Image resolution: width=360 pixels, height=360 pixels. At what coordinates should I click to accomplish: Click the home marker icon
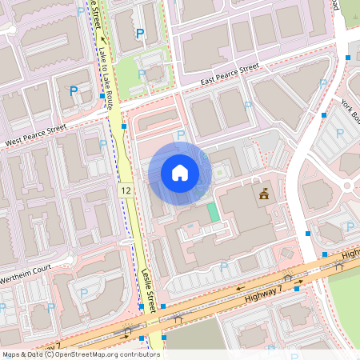click(x=180, y=173)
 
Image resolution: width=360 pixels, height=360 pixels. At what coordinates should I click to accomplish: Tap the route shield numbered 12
click(x=126, y=191)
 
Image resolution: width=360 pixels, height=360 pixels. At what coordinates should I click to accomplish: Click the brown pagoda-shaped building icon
click(x=263, y=194)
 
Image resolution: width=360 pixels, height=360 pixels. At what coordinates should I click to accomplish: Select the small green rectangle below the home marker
click(x=212, y=213)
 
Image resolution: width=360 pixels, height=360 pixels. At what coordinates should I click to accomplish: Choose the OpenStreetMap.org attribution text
click(x=106, y=354)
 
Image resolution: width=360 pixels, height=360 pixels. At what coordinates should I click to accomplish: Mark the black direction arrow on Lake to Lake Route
click(x=102, y=37)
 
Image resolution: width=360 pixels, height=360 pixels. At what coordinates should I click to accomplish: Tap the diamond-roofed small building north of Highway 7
click(x=286, y=254)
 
